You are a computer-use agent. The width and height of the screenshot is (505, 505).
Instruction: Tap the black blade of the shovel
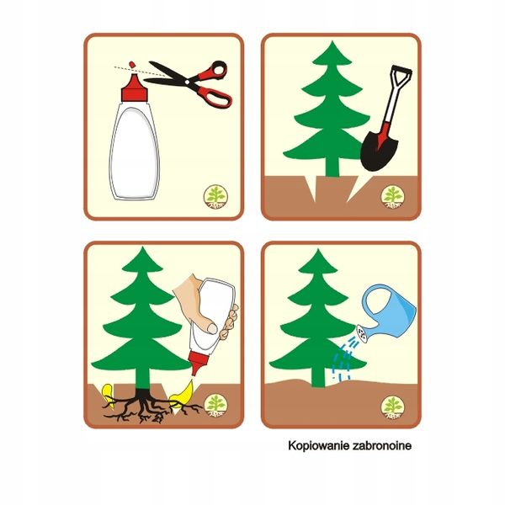(379, 151)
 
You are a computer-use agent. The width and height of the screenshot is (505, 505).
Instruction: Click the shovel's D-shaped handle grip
(401, 77)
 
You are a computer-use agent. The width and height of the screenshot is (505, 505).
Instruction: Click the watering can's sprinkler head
(362, 334)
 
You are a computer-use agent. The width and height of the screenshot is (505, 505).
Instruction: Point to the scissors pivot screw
(187, 82)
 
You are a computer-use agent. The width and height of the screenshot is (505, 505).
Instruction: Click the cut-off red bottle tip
(131, 65)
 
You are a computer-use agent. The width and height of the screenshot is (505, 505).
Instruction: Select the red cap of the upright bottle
(135, 88)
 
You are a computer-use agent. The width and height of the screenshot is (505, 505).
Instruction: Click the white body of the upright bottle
(135, 151)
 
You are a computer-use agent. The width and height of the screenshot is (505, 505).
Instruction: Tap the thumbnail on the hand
(212, 328)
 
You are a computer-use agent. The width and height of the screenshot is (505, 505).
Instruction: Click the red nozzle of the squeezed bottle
(197, 363)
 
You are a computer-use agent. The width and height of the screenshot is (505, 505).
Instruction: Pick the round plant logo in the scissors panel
(215, 197)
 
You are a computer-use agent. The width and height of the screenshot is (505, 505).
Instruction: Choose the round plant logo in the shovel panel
(392, 197)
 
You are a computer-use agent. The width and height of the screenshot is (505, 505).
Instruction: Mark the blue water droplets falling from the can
(343, 359)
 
